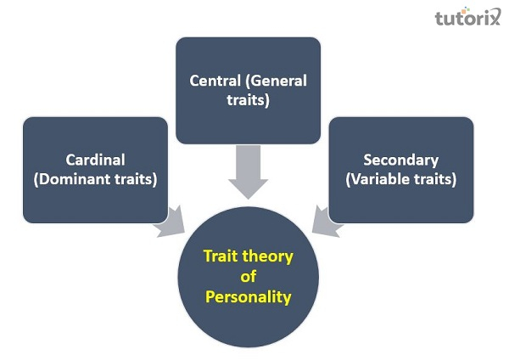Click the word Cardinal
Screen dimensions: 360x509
coord(94,159)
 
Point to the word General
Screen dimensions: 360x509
coord(278,82)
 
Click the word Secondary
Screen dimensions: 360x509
coord(400,159)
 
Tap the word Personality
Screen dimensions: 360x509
coord(248,297)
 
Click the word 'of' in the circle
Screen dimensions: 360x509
coord(248,276)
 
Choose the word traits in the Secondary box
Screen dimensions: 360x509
coord(435,179)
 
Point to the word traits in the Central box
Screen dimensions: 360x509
coord(248,101)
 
